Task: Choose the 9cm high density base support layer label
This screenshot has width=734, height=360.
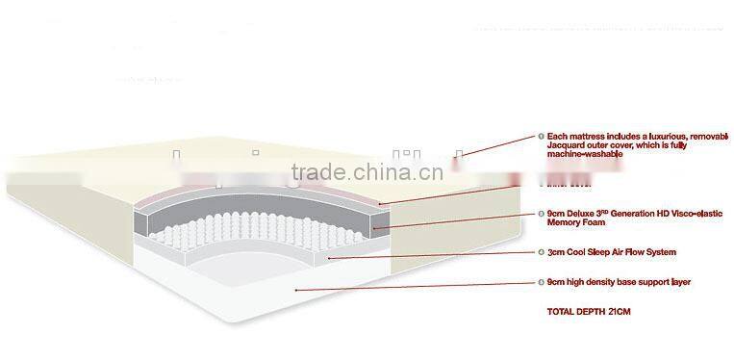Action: pyautogui.click(x=612, y=282)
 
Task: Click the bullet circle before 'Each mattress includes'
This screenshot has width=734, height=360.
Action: pyautogui.click(x=541, y=137)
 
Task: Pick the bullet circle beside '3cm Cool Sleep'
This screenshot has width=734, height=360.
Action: pyautogui.click(x=541, y=252)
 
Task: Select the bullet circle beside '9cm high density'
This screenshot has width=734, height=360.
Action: pyautogui.click(x=541, y=282)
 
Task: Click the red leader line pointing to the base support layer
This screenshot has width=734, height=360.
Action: pyautogui.click(x=414, y=286)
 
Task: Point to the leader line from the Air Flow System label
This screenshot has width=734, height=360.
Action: pyautogui.click(x=433, y=255)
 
